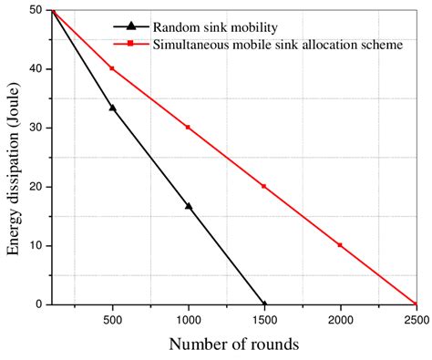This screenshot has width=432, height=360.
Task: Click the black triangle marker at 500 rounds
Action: point(112,108)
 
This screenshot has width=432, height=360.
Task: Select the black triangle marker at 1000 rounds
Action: point(189,206)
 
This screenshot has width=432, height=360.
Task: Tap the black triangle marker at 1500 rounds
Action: point(264,303)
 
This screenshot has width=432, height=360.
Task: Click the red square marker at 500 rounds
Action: point(112,68)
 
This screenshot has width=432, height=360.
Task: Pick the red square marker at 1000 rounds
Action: point(189,127)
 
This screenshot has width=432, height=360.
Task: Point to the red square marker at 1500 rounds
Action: point(264,186)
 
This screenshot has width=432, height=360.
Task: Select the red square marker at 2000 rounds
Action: point(340,245)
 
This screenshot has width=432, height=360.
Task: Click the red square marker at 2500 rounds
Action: point(416,303)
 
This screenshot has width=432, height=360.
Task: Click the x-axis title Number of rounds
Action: point(233,345)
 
